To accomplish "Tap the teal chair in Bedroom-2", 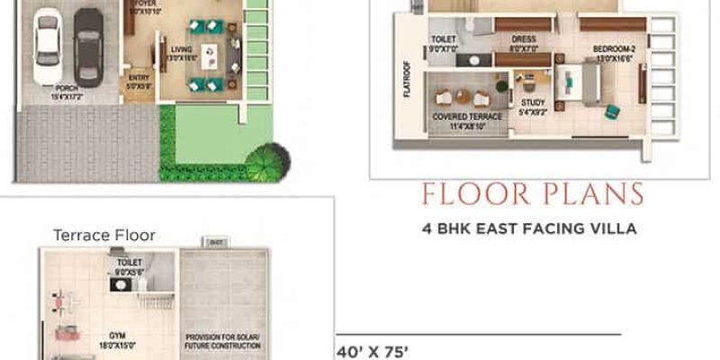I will [x=613, y=111].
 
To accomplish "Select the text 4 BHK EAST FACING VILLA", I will [x=528, y=229].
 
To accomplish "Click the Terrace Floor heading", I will [x=104, y=235].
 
